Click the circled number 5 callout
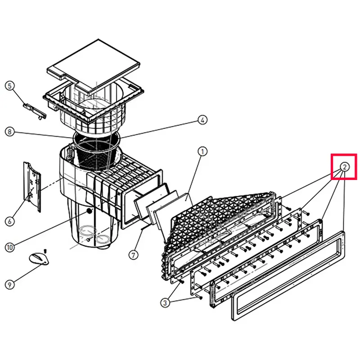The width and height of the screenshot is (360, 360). coord(9,86)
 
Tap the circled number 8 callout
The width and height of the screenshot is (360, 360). coord(9,132)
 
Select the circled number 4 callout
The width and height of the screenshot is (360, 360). coord(202,120)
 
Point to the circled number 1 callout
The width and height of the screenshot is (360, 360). coord(202,152)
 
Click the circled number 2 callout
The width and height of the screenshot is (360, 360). coord(344,167)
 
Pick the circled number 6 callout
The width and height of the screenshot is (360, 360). coord(9,221)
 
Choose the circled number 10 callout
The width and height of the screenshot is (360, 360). coord(9,247)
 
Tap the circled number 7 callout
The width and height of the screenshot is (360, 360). coord(133,255)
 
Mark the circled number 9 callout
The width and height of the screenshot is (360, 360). coord(9,285)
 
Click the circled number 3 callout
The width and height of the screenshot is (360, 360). coord(165,302)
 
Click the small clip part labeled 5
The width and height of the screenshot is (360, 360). coord(35,110)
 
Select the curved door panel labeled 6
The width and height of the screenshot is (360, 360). coord(32,187)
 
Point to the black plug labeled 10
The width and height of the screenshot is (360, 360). coord(89,211)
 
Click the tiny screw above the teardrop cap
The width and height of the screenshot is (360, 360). coord(45,250)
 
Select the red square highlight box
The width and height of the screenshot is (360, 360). coord(344,166)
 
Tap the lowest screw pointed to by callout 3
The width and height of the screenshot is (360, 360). coord(199,297)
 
